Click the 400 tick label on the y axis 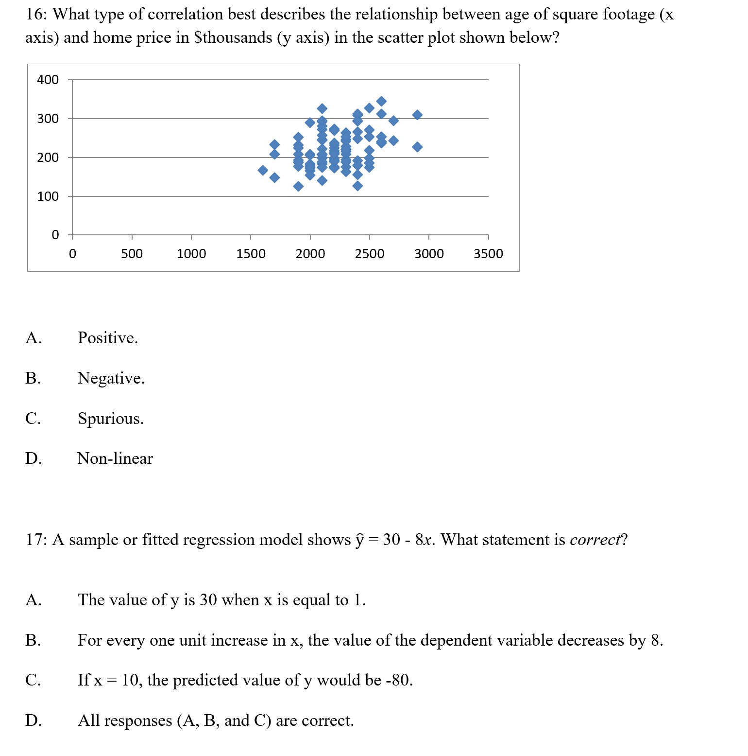pyautogui.click(x=48, y=80)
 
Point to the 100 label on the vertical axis pyautogui.click(x=48, y=196)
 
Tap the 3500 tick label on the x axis pyautogui.click(x=488, y=254)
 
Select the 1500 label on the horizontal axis pyautogui.click(x=251, y=254)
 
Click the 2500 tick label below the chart pyautogui.click(x=369, y=254)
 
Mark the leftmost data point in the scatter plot pyautogui.click(x=263, y=170)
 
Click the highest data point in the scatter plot pyautogui.click(x=381, y=101)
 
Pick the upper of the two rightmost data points pyautogui.click(x=417, y=115)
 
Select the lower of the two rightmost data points pyautogui.click(x=417, y=147)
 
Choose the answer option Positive pyautogui.click(x=107, y=338)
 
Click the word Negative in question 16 pyautogui.click(x=111, y=378)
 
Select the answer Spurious pyautogui.click(x=110, y=419)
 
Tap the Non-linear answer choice pyautogui.click(x=115, y=458)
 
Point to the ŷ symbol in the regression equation pyautogui.click(x=359, y=540)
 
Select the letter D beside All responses pyautogui.click(x=34, y=721)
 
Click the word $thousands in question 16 pyautogui.click(x=233, y=37)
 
